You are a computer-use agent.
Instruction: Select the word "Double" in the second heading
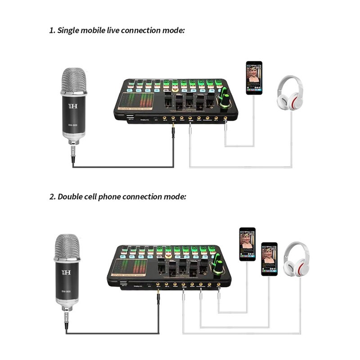[72, 197]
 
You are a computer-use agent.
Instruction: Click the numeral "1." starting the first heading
[52, 31]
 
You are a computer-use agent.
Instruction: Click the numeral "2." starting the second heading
[53, 197]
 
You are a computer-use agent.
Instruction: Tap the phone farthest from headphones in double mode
[247, 244]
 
